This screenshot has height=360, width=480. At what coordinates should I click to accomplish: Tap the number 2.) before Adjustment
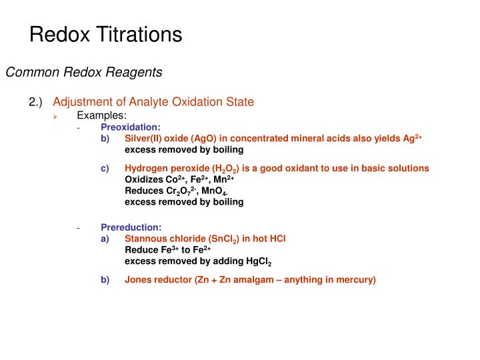click(35, 102)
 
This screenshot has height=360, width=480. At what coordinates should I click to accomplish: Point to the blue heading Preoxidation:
click(131, 126)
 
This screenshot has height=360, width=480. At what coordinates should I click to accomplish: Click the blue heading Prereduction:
click(131, 227)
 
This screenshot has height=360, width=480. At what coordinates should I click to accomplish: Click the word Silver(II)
click(145, 138)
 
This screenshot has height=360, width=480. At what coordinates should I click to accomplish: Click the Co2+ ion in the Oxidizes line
click(175, 179)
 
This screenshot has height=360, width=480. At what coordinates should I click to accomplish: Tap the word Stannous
click(144, 238)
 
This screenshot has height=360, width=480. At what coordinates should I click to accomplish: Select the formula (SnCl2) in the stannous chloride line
click(231, 238)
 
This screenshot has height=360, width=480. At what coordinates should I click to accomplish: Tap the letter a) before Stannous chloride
click(105, 238)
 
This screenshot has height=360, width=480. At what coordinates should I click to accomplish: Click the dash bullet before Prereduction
click(78, 227)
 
